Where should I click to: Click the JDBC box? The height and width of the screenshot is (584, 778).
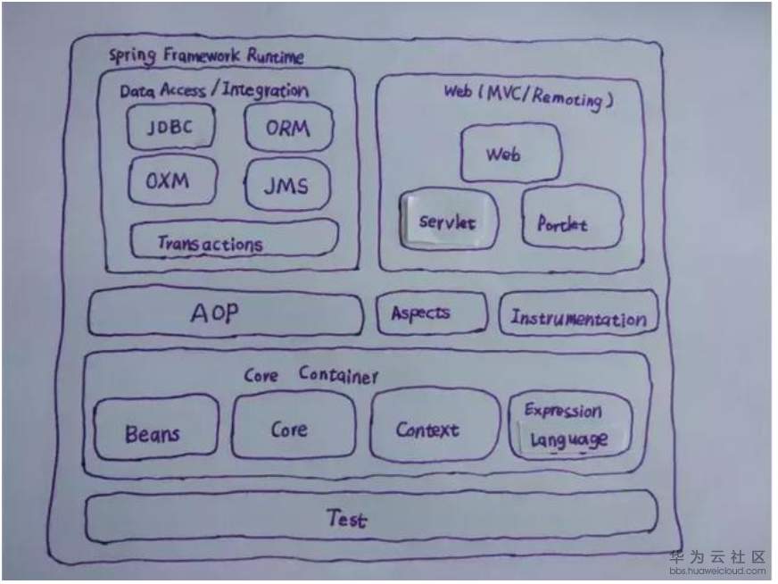click(x=171, y=127)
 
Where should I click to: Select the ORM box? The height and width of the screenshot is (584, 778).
click(x=288, y=128)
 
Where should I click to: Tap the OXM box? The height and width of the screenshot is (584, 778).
click(x=173, y=180)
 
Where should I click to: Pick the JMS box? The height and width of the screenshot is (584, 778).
click(x=286, y=185)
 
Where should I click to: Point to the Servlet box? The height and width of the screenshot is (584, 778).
click(x=449, y=219)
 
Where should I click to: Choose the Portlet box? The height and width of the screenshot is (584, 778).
click(x=572, y=217)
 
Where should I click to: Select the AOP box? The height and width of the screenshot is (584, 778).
click(x=226, y=313)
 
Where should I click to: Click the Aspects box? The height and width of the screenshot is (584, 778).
click(x=432, y=313)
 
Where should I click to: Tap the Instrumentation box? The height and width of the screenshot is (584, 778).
click(x=578, y=313)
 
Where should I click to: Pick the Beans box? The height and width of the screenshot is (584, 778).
click(x=156, y=428)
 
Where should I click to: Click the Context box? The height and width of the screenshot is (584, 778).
click(x=435, y=427)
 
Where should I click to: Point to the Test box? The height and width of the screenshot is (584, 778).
click(x=371, y=517)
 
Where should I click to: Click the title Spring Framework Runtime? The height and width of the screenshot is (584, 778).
click(x=206, y=55)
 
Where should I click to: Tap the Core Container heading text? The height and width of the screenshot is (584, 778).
click(x=311, y=375)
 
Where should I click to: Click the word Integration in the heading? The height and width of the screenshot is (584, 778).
click(x=265, y=90)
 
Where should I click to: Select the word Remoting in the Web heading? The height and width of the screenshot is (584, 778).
click(x=567, y=98)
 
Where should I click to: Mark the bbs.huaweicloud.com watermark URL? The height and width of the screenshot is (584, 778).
click(x=717, y=571)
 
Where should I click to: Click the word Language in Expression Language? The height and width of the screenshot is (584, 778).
click(x=568, y=439)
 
